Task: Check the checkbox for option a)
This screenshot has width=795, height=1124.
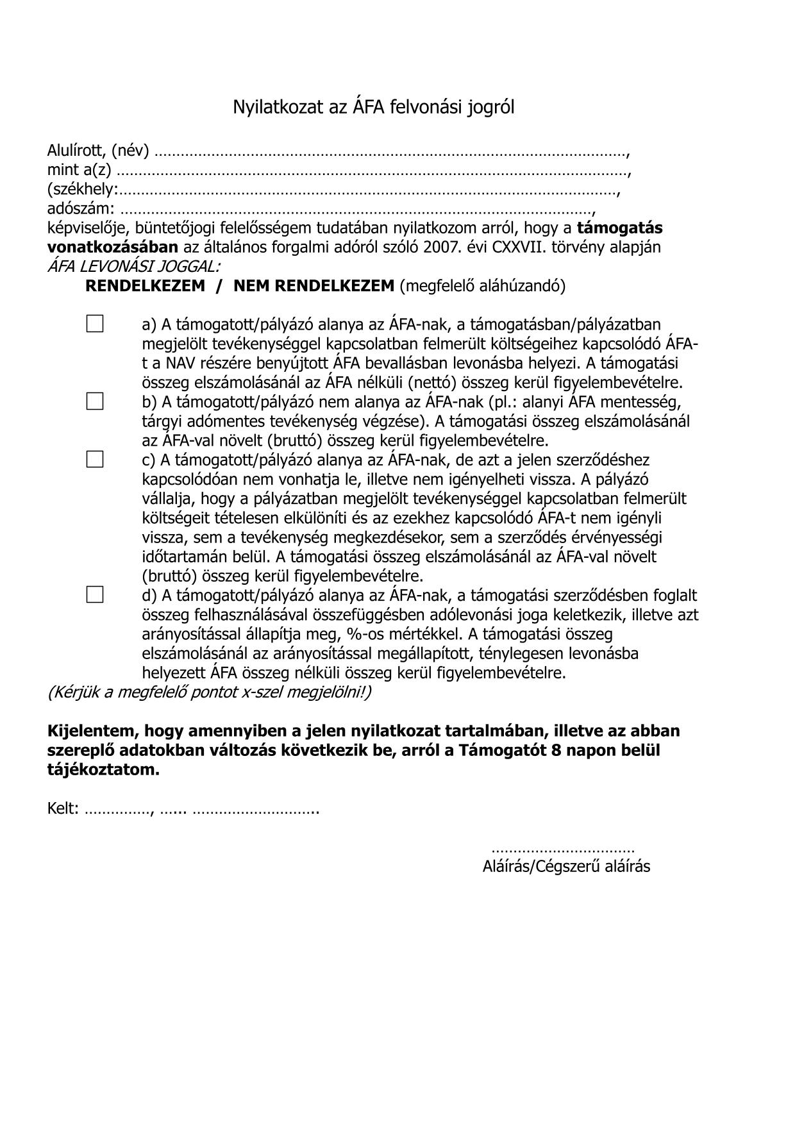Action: (95, 324)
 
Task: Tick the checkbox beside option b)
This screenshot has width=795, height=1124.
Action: (95, 401)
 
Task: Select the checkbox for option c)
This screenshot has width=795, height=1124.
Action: (95, 459)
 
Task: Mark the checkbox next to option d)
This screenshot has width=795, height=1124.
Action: (95, 594)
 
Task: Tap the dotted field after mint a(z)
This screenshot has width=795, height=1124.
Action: (372, 171)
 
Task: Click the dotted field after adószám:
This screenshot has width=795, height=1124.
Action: (356, 210)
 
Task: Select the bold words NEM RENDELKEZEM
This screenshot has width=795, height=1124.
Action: (314, 286)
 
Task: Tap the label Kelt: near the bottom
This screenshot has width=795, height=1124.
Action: (63, 809)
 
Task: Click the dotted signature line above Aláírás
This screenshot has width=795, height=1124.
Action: (562, 850)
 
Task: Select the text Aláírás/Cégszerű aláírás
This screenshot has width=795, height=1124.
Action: (566, 867)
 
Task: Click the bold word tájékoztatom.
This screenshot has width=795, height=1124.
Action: (103, 770)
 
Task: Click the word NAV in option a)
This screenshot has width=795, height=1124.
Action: (180, 363)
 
